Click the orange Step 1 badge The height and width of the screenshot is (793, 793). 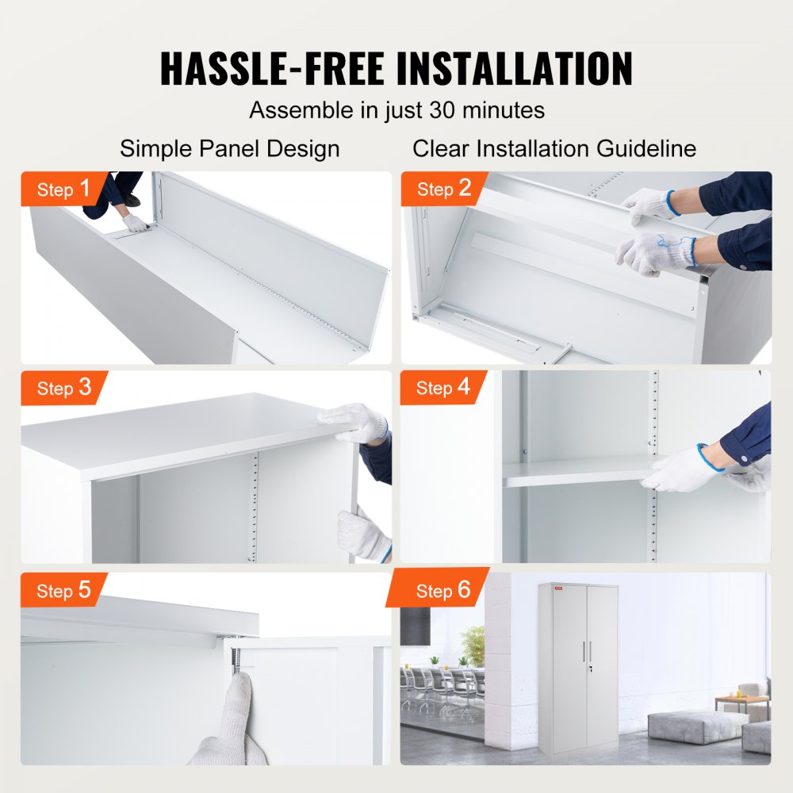click(x=65, y=190)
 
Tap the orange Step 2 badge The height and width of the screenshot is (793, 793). click(x=444, y=189)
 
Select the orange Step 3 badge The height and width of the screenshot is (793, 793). click(x=64, y=388)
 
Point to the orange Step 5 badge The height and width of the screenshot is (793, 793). click(x=64, y=591)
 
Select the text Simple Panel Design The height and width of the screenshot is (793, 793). click(x=230, y=148)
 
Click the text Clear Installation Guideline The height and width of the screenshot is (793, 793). click(x=554, y=148)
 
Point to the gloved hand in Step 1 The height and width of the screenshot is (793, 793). click(x=136, y=224)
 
